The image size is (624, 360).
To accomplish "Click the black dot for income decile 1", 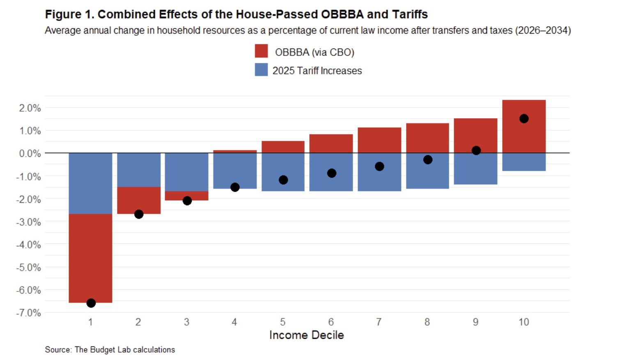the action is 91,303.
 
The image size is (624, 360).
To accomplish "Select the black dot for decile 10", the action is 524,118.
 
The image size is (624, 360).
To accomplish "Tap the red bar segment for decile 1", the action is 91,258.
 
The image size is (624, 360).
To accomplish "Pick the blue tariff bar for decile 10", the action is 524,162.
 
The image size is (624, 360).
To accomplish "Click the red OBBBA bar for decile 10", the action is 524,126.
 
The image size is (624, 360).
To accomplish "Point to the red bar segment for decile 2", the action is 139,200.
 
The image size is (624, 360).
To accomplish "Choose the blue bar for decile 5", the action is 283,172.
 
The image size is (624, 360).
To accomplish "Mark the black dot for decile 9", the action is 476,151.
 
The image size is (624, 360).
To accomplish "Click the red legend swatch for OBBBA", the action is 261,51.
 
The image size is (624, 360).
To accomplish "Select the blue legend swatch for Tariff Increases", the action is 261,69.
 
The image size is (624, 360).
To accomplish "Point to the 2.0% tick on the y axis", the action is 30,108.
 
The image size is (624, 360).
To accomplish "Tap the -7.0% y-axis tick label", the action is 28,313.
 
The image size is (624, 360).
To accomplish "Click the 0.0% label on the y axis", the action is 30,154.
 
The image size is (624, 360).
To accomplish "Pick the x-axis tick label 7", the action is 379,322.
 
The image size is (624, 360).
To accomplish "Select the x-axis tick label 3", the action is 187,322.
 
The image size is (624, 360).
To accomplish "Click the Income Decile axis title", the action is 307,335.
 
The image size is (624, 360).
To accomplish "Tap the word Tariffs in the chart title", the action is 410,14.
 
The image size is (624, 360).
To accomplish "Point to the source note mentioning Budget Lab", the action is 110,350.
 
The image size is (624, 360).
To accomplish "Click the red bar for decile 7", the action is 379,140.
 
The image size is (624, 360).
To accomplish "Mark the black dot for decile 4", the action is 235,187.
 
